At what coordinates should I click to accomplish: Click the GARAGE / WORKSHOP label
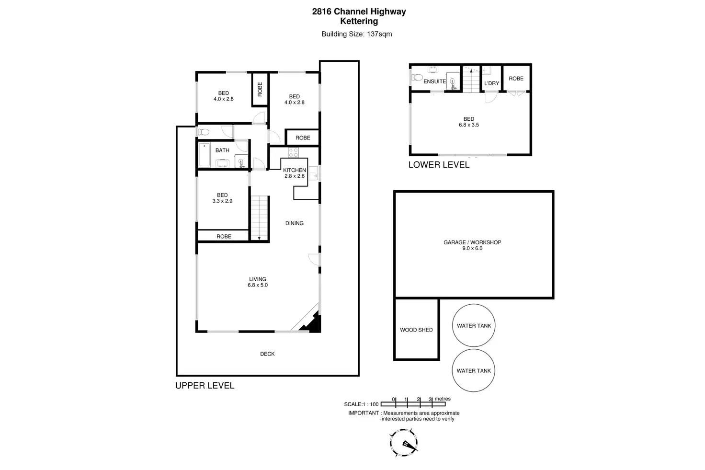pyautogui.click(x=472, y=245)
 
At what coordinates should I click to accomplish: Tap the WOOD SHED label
pyautogui.click(x=416, y=330)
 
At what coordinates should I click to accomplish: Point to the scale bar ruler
pyautogui.click(x=413, y=404)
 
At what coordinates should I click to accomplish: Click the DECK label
pyautogui.click(x=267, y=354)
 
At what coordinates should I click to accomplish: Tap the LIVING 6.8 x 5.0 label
pyautogui.click(x=258, y=282)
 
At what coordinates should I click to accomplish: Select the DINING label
pyautogui.click(x=294, y=223)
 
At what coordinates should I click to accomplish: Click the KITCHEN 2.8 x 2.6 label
pyautogui.click(x=294, y=173)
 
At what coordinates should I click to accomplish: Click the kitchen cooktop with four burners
pyautogui.click(x=293, y=152)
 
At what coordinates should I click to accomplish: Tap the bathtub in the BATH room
pyautogui.click(x=204, y=155)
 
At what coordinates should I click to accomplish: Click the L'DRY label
pyautogui.click(x=491, y=83)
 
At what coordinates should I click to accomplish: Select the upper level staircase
pyautogui.click(x=259, y=218)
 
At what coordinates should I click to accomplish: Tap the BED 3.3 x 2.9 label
pyautogui.click(x=222, y=198)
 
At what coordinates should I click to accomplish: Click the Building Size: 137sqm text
pyautogui.click(x=357, y=34)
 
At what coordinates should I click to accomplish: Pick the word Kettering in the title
pyautogui.click(x=359, y=21)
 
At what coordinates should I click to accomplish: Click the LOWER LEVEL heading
pyautogui.click(x=439, y=165)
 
